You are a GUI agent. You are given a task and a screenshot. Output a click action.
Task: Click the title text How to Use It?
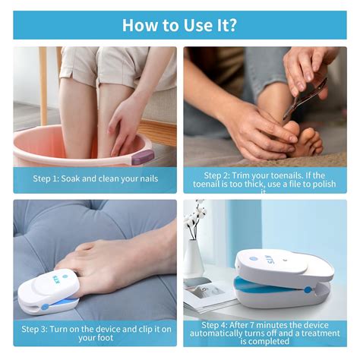click(180, 25)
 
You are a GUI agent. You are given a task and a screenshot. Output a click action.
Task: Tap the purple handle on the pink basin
click(142, 157)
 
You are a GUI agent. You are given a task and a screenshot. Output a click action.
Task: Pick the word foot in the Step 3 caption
click(106, 336)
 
